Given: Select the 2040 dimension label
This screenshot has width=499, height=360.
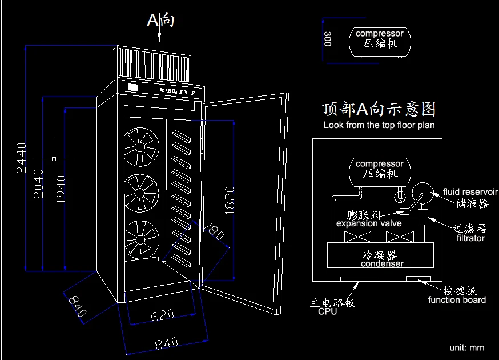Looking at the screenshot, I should [x=39, y=183].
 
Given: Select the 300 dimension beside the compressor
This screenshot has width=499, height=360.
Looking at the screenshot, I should [x=328, y=39].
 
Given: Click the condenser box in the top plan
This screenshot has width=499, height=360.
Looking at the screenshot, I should [x=380, y=255].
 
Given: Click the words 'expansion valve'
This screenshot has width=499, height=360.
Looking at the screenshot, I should [x=369, y=223].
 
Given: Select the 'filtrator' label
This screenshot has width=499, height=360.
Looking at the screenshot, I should [x=470, y=238].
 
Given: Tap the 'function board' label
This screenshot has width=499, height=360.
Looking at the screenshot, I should [x=457, y=300].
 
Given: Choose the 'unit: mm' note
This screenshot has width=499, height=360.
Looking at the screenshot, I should [x=466, y=347].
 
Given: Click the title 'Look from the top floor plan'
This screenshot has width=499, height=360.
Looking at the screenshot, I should [x=379, y=125].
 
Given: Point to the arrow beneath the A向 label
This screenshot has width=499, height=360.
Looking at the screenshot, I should [x=160, y=35].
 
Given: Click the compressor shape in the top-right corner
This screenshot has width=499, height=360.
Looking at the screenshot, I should [x=380, y=39].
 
